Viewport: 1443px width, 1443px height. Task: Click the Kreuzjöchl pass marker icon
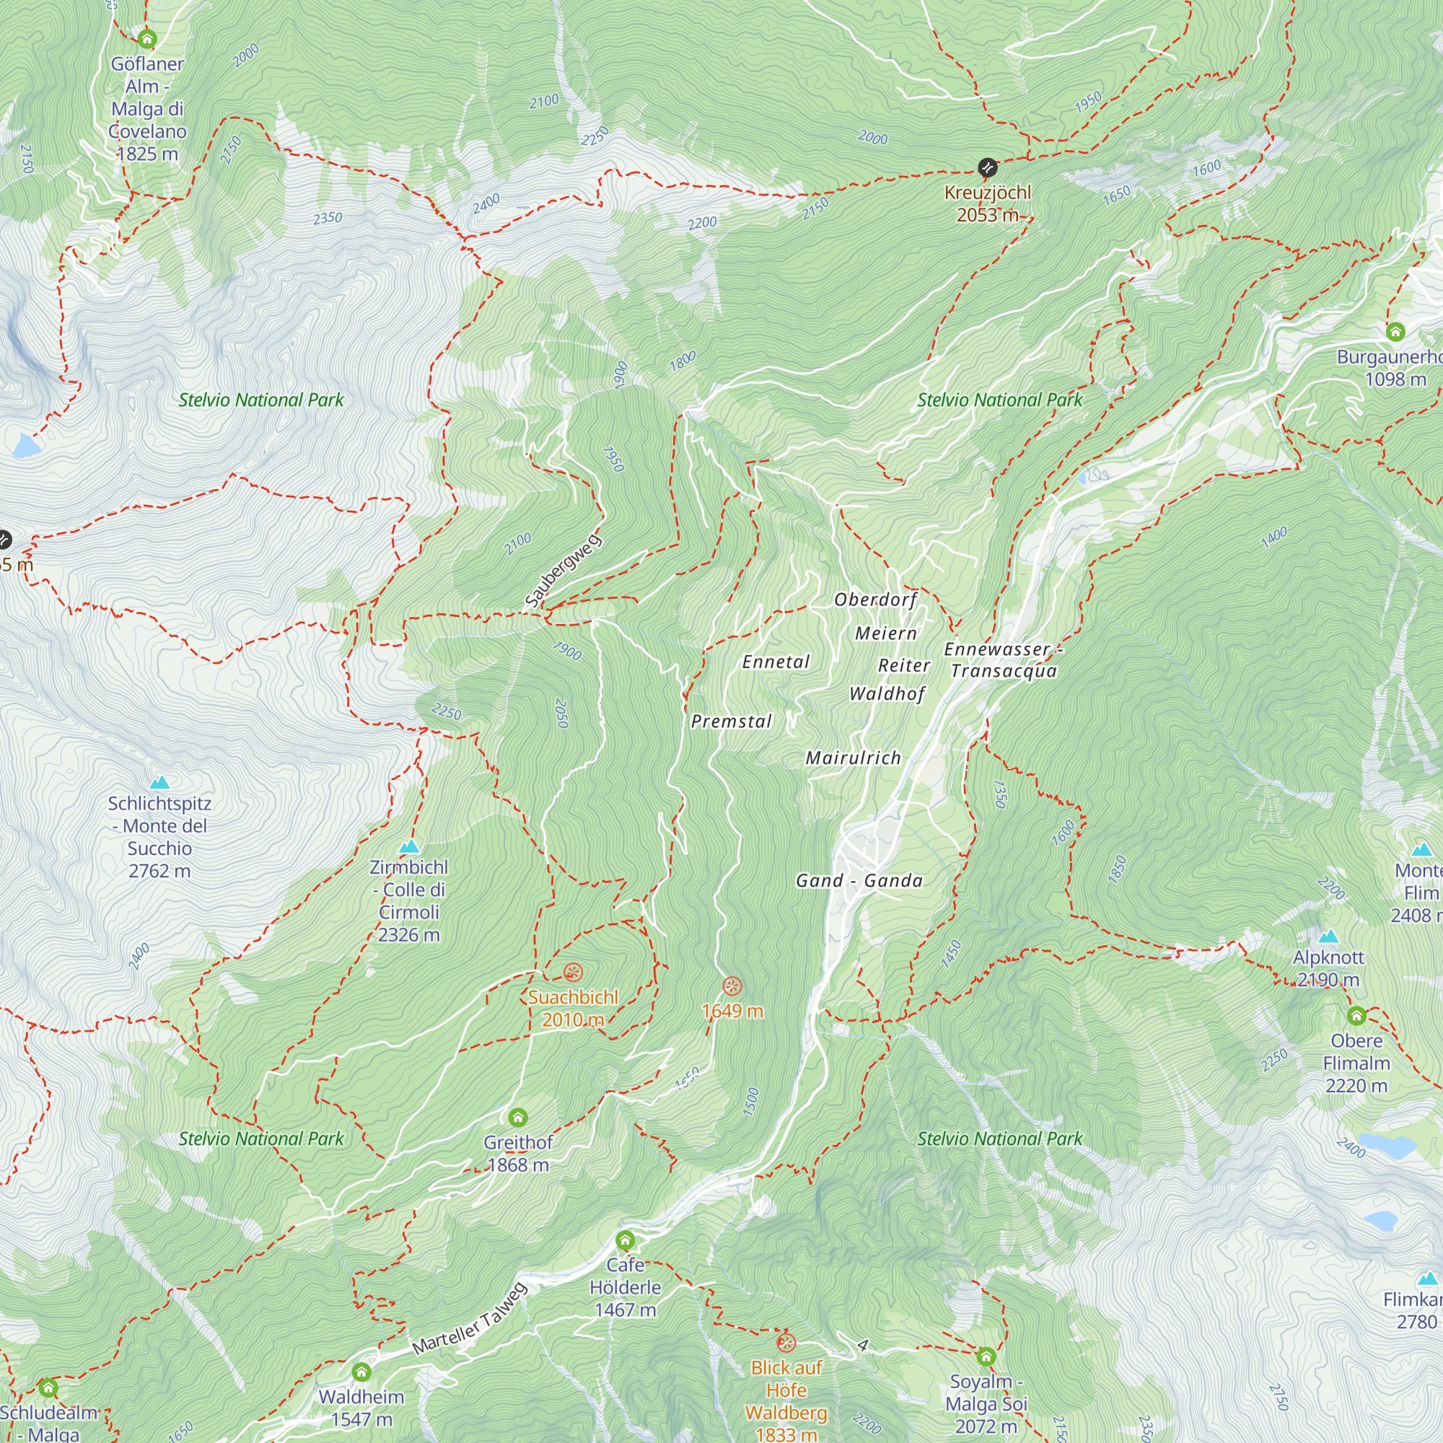(988, 167)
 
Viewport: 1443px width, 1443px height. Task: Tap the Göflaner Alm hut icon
(147, 38)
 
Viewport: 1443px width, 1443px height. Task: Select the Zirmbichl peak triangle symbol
(408, 846)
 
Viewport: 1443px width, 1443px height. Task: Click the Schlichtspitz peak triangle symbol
(160, 783)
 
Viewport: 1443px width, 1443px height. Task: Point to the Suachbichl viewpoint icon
(573, 973)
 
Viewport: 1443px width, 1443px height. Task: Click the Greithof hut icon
(517, 1118)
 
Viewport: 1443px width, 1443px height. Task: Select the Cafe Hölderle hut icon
(625, 1240)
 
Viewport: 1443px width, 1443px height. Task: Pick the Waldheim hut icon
(361, 1372)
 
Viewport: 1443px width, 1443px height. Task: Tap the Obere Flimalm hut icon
(1356, 1016)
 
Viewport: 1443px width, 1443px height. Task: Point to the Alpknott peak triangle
(1328, 937)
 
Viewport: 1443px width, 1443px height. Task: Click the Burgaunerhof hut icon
(1395, 331)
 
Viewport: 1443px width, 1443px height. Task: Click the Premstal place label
(731, 721)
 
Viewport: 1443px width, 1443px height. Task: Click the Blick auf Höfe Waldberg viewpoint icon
(785, 1343)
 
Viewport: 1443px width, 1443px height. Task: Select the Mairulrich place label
(853, 758)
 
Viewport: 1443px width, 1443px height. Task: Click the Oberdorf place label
(875, 600)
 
